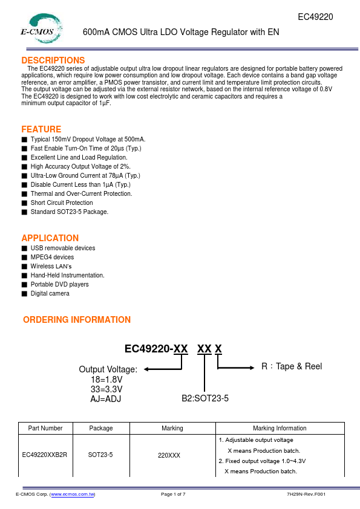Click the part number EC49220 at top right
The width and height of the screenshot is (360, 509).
click(x=316, y=17)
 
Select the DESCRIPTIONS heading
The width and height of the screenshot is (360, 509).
click(x=53, y=60)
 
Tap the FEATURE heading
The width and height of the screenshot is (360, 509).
click(x=41, y=129)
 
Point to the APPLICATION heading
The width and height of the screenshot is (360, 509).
click(x=50, y=238)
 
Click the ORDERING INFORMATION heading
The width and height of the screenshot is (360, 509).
click(x=77, y=320)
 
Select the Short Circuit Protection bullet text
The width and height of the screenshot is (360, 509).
click(x=62, y=203)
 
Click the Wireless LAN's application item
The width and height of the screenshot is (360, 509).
click(x=51, y=266)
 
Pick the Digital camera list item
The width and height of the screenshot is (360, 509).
click(x=50, y=293)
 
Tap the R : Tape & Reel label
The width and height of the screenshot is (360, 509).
click(x=292, y=366)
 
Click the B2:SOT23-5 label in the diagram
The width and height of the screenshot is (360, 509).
click(x=205, y=398)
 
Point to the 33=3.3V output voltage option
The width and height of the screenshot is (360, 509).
click(x=106, y=389)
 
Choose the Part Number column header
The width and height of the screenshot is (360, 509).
click(x=45, y=428)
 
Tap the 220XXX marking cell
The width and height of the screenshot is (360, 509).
click(x=172, y=455)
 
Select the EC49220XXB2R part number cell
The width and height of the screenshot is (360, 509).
click(x=45, y=455)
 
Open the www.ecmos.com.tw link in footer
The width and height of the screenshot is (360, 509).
click(x=73, y=494)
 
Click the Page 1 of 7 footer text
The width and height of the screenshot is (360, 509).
click(x=173, y=494)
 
